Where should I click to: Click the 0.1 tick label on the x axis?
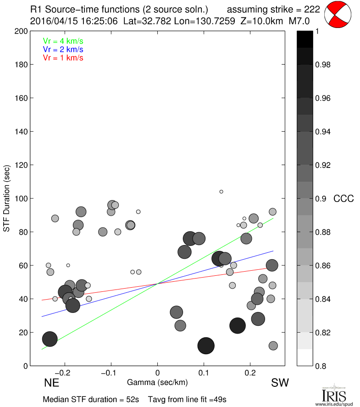(204, 372)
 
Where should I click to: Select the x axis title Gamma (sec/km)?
(157, 382)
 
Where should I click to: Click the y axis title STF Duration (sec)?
(7, 199)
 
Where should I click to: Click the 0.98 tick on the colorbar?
(323, 65)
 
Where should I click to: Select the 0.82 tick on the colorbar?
(323, 332)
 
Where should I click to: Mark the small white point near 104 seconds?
(221, 191)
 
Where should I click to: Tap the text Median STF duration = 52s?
(91, 399)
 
